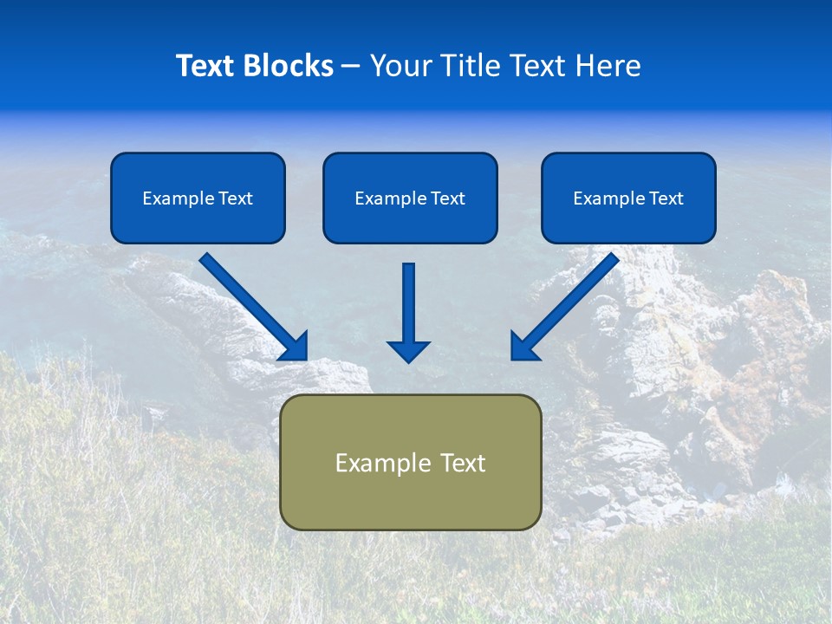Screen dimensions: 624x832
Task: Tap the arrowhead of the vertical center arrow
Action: pyautogui.click(x=408, y=350)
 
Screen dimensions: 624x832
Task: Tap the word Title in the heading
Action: pyautogui.click(x=468, y=66)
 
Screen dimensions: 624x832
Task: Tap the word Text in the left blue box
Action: pyautogui.click(x=235, y=198)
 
